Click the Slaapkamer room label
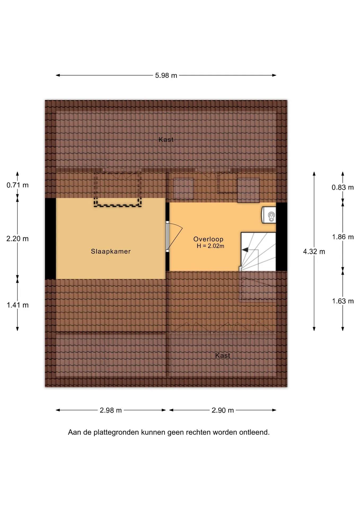point(111,251)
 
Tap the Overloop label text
point(208,239)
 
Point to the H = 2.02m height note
point(210,246)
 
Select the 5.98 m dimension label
point(166,76)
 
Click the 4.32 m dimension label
point(314,252)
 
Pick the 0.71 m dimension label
point(17,185)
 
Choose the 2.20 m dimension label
point(17,239)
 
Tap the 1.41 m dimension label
point(17,305)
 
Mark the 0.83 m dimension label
point(343,187)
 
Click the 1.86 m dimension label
point(343,237)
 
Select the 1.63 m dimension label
point(343,301)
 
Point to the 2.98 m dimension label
point(111,410)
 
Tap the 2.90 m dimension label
point(223,410)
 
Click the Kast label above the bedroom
point(166,139)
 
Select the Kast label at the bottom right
point(223,356)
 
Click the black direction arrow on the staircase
point(245,250)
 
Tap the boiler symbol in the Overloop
point(269,215)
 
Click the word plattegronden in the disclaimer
point(116,432)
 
